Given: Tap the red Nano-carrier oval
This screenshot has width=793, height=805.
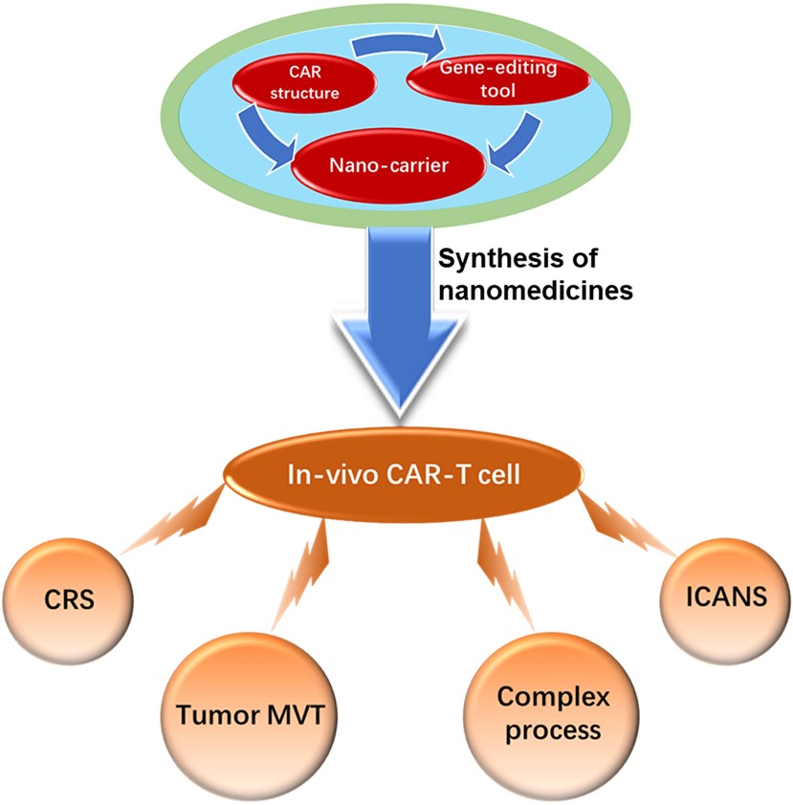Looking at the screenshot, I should click(397, 164).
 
